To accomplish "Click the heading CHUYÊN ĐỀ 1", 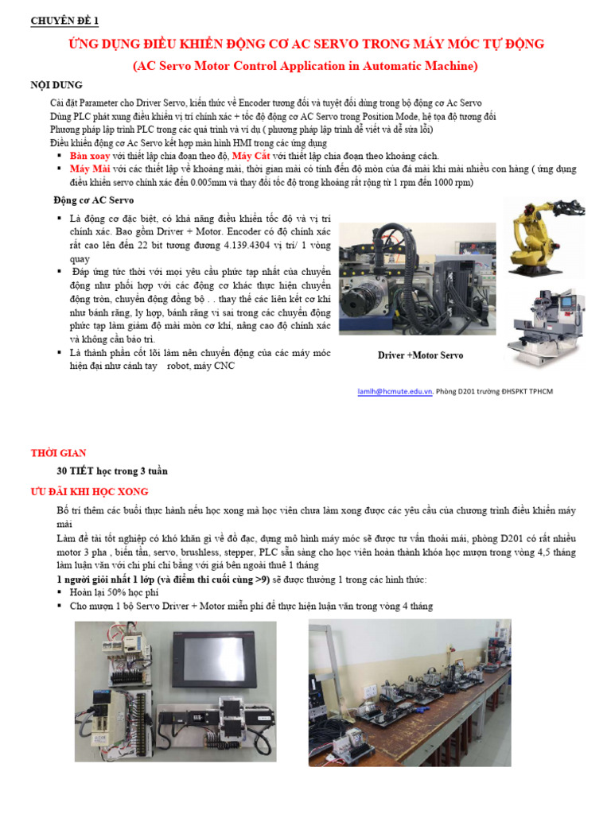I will tap(64, 21).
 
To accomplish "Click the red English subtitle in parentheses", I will tap(305, 66).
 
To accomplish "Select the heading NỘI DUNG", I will tap(56, 85).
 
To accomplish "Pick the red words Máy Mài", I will tap(91, 169).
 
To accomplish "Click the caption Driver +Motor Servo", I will tap(420, 355).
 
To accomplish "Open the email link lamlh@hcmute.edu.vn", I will tap(395, 391).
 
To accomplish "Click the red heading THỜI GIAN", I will tap(58, 453).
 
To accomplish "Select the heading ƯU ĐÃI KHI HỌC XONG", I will tap(89, 492).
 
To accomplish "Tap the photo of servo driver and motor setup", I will tap(418, 279).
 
